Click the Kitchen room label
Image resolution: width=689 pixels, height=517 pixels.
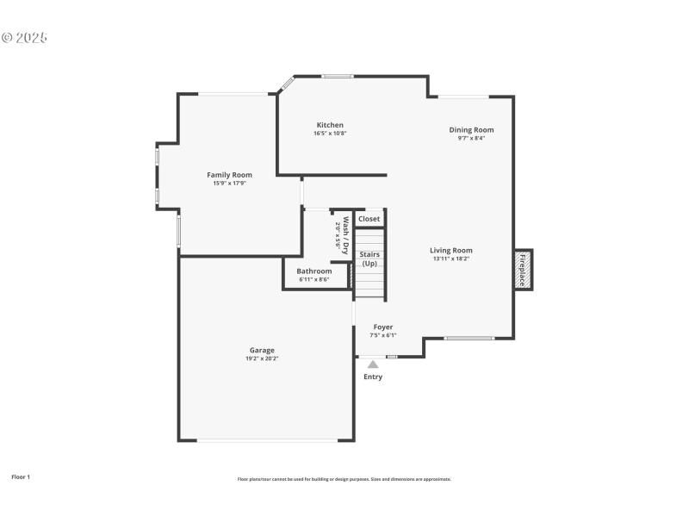pos(330,125)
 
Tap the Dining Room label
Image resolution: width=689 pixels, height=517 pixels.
pos(471,130)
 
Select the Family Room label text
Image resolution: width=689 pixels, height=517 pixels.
pos(229,175)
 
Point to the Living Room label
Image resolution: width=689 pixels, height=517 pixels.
pos(451,251)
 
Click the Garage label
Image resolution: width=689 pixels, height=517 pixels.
pos(262,350)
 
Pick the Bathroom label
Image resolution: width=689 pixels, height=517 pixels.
pos(314,271)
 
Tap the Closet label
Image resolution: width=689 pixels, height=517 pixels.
pos(369,219)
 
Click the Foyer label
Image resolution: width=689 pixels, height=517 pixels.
pos(383,327)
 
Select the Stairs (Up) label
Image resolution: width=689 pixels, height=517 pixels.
pos(369,258)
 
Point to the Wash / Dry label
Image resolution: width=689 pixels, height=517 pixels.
pos(344,234)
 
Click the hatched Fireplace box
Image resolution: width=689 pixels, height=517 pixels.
pos(523,271)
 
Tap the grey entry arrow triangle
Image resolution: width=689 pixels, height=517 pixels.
pos(373,364)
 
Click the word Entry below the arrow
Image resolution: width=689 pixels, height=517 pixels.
pos(373,377)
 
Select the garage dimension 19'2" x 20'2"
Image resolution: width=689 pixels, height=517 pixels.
pos(262,358)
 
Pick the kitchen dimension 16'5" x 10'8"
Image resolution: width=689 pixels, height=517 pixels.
pos(330,134)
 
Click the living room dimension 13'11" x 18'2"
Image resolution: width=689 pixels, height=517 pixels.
pos(451,258)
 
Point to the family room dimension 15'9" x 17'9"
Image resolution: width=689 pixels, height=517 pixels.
pos(229,183)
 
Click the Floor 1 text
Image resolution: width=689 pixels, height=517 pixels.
pos(21,477)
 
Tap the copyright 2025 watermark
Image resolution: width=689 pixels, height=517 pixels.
pos(24,38)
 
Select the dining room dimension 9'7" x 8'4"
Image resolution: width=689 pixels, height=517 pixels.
pos(471,138)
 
